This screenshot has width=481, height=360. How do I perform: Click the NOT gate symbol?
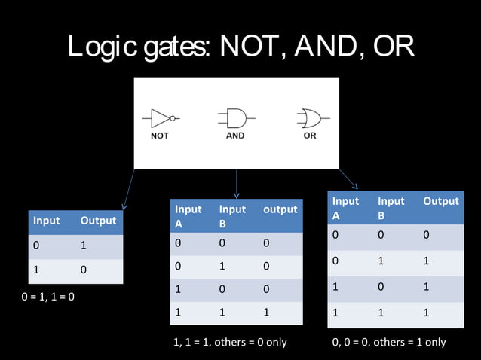click(x=159, y=118)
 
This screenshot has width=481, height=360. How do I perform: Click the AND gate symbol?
click(x=234, y=118)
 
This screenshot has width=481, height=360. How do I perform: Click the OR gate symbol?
click(x=309, y=118)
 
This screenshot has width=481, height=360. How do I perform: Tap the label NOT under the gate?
click(x=159, y=136)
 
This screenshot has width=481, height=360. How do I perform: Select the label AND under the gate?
click(x=235, y=136)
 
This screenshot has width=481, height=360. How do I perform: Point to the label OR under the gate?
click(x=309, y=136)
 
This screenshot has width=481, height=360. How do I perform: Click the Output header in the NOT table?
click(x=99, y=221)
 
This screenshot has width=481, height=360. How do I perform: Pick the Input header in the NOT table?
click(x=46, y=221)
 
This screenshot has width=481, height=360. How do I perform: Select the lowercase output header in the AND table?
click(x=280, y=209)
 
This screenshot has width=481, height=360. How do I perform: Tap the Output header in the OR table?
click(x=441, y=201)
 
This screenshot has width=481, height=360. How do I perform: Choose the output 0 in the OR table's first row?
click(x=426, y=236)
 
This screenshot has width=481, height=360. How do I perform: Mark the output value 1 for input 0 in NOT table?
click(x=84, y=246)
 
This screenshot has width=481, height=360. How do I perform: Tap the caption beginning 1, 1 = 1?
click(x=230, y=342)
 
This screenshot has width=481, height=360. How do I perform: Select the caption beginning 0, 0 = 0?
click(x=389, y=342)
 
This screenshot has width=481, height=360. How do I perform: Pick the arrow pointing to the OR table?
click(x=348, y=178)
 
